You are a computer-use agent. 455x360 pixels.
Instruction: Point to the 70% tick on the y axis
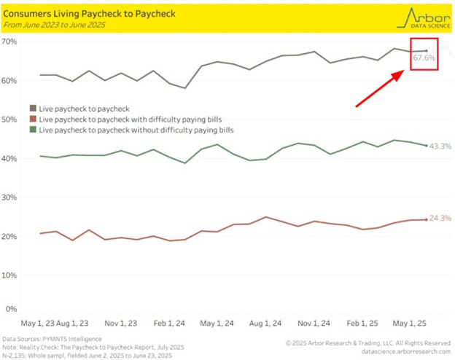click(x=9, y=41)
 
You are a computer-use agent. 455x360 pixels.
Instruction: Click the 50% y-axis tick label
click(x=9, y=119)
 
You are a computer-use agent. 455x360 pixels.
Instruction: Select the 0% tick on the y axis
click(x=11, y=309)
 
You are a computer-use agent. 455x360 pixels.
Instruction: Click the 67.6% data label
click(x=424, y=58)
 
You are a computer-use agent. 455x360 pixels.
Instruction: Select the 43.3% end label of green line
click(x=440, y=146)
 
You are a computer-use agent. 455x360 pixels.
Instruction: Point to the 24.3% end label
click(x=440, y=219)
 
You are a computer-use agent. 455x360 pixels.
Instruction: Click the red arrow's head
click(x=403, y=72)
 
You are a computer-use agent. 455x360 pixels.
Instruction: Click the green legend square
click(x=32, y=129)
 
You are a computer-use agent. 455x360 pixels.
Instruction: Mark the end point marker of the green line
click(x=426, y=145)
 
